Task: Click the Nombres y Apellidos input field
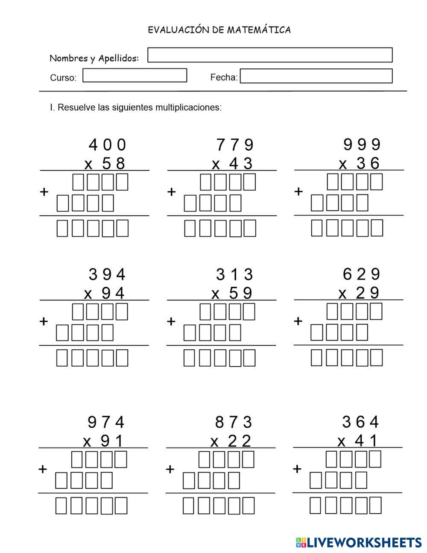click(270, 55)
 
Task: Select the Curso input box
click(135, 76)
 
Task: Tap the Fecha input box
click(316, 76)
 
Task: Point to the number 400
click(108, 145)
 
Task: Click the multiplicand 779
click(235, 145)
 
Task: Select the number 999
click(362, 145)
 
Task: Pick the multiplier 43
click(241, 164)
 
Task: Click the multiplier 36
click(368, 163)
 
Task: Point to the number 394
click(107, 274)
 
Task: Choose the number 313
click(234, 274)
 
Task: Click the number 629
click(362, 274)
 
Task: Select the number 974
click(106, 423)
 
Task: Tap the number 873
click(234, 423)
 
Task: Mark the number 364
click(361, 422)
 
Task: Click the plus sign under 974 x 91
click(43, 469)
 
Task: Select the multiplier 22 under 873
click(240, 441)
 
